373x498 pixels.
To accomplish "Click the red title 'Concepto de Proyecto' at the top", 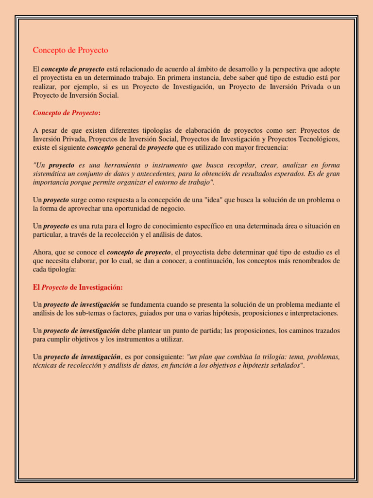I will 70,50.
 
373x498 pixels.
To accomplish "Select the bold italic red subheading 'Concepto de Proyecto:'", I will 67,113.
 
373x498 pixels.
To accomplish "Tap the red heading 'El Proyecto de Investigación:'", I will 78,287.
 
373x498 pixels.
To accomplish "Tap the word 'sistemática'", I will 51,174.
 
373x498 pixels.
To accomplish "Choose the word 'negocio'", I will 172,209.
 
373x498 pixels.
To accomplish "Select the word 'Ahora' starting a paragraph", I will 42,252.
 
